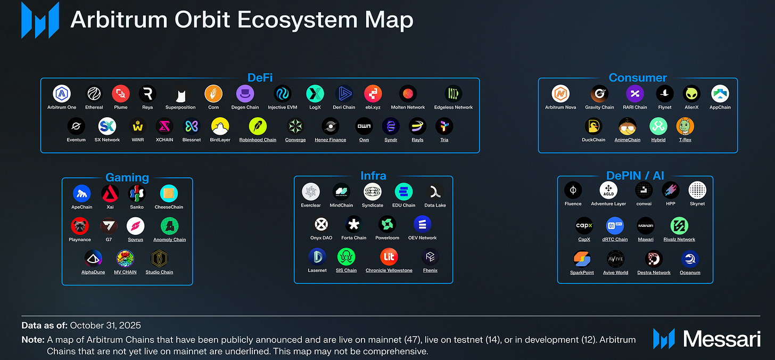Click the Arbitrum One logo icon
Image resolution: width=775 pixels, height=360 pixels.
pos(62,94)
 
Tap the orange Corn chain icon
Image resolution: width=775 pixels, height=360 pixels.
pos(213,94)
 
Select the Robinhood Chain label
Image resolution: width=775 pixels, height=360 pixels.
pos(258,140)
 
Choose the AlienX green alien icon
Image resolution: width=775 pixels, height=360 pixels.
pos(691,94)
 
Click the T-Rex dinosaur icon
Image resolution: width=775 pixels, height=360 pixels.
pos(685,126)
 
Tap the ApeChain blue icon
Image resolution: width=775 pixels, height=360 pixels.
pos(82,193)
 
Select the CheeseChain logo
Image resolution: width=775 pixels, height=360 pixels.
pos(169,193)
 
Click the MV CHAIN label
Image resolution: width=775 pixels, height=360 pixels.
pos(125,272)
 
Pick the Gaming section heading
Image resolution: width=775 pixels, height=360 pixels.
pos(127,177)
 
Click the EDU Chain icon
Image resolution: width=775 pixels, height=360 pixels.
pos(404,192)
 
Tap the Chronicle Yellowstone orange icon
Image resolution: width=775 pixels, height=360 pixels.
pos(389,257)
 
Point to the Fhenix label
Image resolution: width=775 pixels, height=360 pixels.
pos(430,271)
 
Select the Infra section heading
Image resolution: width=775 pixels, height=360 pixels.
pos(373,176)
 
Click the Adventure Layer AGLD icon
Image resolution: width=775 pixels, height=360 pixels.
pos(608,190)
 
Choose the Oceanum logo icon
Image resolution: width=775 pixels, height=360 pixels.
pos(690,259)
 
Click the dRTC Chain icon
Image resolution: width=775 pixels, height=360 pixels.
pos(615,226)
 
